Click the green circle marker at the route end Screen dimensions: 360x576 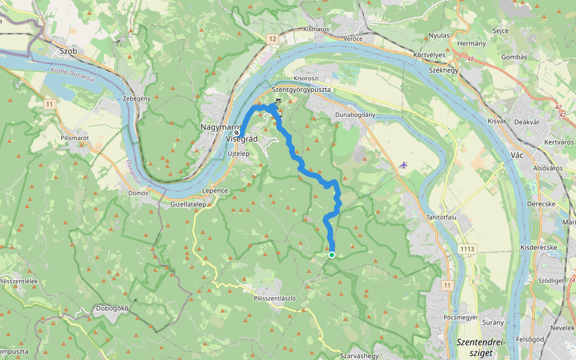tap(331, 255)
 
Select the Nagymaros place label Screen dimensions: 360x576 tap(220, 128)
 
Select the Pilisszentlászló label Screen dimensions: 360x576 tap(275, 298)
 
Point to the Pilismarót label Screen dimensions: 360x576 tap(75, 138)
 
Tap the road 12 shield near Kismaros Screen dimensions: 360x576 tap(273, 39)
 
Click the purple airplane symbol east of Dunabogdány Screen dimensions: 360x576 tap(403, 165)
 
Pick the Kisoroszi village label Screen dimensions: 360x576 tap(306, 79)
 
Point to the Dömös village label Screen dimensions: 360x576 tap(139, 193)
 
